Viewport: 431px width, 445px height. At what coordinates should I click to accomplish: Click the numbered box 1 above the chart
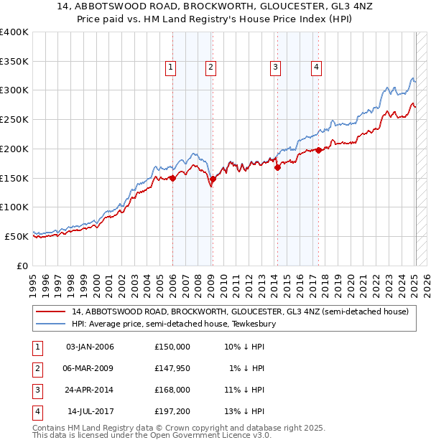tap(171, 68)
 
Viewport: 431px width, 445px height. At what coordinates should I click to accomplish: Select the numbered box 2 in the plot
tap(210, 68)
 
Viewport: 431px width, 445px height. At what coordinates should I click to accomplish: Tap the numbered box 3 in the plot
tap(275, 68)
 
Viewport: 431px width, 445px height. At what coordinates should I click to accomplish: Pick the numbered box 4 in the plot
tap(316, 68)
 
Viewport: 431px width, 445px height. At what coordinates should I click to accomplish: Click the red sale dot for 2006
tap(172, 179)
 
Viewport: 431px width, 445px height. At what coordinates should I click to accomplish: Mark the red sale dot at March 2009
tap(213, 179)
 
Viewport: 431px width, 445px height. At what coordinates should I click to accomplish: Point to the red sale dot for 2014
tap(277, 168)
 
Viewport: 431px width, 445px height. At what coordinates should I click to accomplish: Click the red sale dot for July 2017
tap(318, 151)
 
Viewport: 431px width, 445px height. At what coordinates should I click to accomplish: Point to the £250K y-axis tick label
tap(14, 119)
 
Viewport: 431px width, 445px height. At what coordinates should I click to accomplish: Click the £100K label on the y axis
tap(14, 207)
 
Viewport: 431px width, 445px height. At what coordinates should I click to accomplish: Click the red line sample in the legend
tap(52, 311)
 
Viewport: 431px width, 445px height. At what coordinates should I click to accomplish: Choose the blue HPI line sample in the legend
tap(52, 324)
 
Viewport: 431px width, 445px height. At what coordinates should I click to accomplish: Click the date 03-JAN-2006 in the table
tap(90, 347)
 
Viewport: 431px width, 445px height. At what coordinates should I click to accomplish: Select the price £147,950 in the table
tap(172, 368)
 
